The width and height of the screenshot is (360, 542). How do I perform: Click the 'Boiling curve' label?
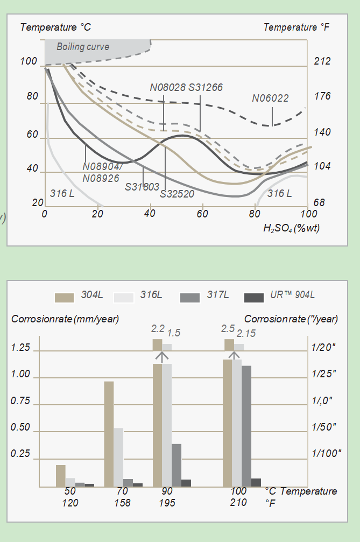(x=83, y=47)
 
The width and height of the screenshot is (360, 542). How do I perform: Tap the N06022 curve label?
(x=270, y=98)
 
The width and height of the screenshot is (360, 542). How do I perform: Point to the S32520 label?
(x=177, y=193)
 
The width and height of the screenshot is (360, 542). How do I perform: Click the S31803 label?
(x=142, y=187)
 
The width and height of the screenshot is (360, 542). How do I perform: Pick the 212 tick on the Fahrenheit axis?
(x=322, y=61)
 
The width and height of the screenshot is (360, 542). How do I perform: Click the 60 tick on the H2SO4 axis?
(x=202, y=214)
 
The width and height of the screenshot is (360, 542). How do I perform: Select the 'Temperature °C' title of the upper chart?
(x=55, y=27)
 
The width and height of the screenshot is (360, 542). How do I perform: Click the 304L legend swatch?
(x=64, y=297)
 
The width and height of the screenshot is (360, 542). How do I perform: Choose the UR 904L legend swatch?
(x=253, y=297)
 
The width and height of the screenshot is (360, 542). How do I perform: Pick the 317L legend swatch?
(x=190, y=297)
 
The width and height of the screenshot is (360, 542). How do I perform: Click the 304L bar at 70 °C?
(x=109, y=433)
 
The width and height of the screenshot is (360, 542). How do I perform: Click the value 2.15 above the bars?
(x=246, y=333)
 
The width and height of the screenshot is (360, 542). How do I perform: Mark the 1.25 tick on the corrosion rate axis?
(x=20, y=348)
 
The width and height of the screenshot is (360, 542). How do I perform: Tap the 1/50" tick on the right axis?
(x=324, y=427)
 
